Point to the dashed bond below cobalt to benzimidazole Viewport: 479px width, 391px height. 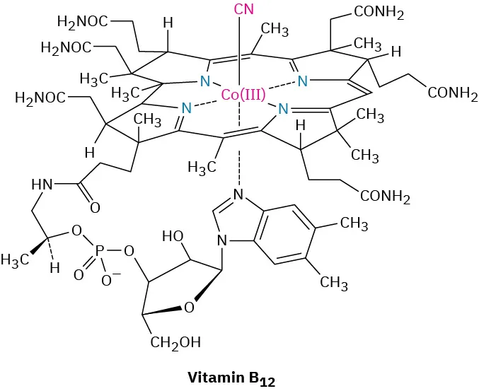pyautogui.click(x=240, y=165)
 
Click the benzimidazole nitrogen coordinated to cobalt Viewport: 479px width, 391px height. pyautogui.click(x=240, y=194)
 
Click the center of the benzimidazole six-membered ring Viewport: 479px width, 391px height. pyautogui.click(x=282, y=233)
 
